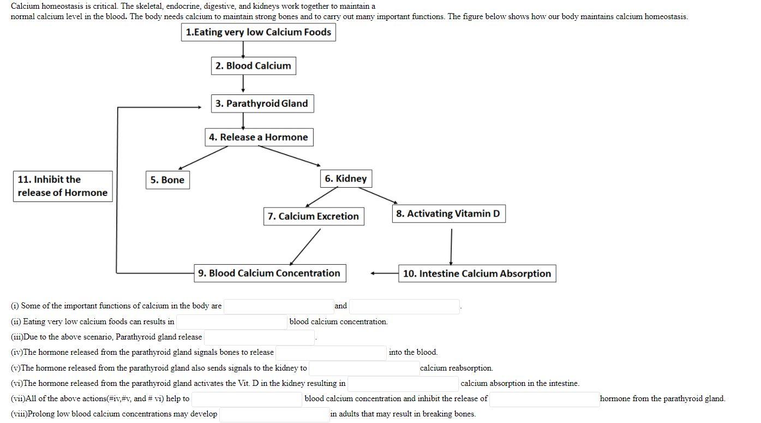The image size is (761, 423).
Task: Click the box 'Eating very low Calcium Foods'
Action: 258,32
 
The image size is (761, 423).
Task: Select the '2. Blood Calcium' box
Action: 253,65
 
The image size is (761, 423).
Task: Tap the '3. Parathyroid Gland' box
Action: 262,103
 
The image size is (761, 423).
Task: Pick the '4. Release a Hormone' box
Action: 259,137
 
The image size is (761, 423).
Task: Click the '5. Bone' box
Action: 167,180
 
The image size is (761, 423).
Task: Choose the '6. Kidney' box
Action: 346,178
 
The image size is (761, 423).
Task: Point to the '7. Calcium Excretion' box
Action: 313,216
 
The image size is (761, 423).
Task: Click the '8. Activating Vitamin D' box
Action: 448,213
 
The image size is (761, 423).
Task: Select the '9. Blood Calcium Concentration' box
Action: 269,273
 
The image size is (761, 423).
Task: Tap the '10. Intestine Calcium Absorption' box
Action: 477,273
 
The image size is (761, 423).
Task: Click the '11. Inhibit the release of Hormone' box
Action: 63,186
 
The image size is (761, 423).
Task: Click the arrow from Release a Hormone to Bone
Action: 203,158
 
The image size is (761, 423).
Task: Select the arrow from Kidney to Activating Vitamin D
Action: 377,195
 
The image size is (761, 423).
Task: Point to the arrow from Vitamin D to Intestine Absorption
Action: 451,246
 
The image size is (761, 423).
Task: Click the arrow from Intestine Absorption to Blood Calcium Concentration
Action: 385,273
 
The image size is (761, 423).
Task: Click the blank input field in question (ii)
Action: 232,321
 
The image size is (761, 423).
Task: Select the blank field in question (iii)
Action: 260,337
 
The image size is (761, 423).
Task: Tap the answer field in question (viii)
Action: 274,414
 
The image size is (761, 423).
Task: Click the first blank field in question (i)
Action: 279,306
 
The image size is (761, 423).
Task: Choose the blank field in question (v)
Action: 364,368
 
